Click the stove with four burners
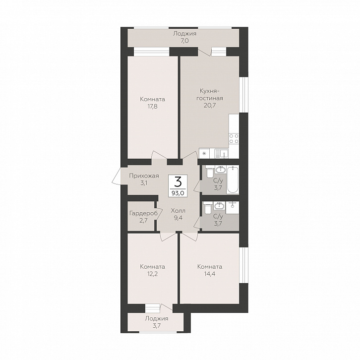[x=234, y=139]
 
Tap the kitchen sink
[x=221, y=154]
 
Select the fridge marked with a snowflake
[x=204, y=153]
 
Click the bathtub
[x=233, y=180]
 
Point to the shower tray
[x=233, y=208]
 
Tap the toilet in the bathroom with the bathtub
[x=210, y=172]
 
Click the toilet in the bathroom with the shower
[x=208, y=208]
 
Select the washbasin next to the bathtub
[x=220, y=170]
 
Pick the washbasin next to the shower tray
[x=220, y=205]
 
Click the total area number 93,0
[x=178, y=193]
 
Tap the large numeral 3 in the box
[x=178, y=182]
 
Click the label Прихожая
[x=144, y=176]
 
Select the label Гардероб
[x=143, y=213]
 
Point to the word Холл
[x=178, y=211]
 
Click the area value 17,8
[x=152, y=107]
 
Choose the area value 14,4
[x=210, y=274]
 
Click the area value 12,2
[x=152, y=274]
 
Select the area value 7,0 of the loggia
[x=184, y=41]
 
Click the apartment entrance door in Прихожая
[x=118, y=177]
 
